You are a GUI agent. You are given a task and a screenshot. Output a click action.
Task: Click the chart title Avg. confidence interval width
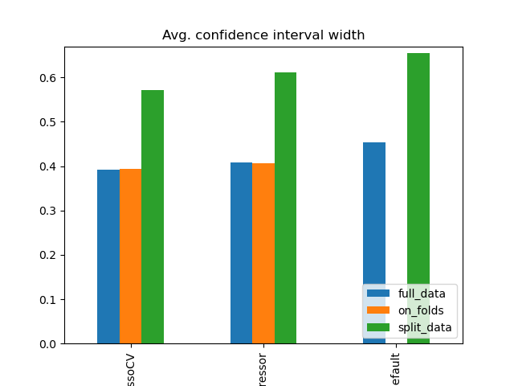263,35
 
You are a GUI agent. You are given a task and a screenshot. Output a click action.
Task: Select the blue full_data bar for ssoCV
108,257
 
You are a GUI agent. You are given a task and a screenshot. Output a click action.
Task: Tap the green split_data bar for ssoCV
153,216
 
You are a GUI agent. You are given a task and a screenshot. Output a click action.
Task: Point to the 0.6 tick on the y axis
49,78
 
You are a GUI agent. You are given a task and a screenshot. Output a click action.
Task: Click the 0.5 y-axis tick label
49,122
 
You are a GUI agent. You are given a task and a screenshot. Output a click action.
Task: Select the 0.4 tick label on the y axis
49,166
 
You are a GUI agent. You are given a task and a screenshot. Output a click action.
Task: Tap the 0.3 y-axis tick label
49,211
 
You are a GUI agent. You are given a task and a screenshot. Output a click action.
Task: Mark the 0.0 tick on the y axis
49,343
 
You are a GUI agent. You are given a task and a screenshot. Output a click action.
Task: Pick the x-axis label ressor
263,366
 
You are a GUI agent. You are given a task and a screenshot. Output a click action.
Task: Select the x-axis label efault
396,366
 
